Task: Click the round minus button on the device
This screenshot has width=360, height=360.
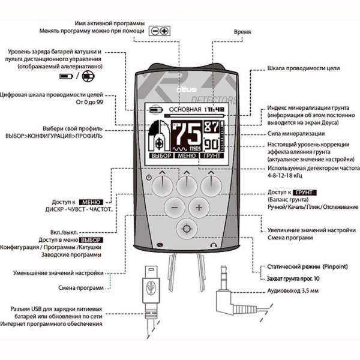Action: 175,208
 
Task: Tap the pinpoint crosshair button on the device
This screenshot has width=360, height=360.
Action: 187,229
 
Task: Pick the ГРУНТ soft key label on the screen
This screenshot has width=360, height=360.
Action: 212,156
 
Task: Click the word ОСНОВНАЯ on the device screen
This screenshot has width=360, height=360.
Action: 186,110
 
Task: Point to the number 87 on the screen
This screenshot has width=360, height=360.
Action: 211,127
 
